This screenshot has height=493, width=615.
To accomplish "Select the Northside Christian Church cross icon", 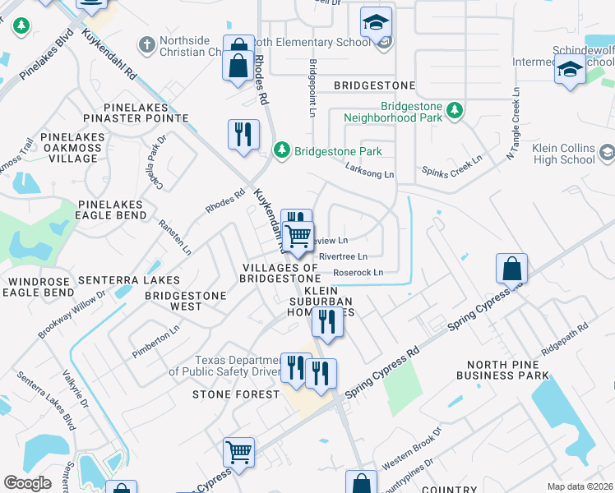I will tap(147, 44).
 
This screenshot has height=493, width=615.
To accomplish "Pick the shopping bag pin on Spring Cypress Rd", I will tap(511, 269).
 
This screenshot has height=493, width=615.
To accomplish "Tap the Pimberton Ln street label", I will tap(156, 343).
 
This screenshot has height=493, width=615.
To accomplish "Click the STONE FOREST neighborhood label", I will tap(236, 394).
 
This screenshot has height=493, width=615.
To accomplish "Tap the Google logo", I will tap(28, 483).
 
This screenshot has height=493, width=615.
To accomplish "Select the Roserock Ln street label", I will tap(358, 272).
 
